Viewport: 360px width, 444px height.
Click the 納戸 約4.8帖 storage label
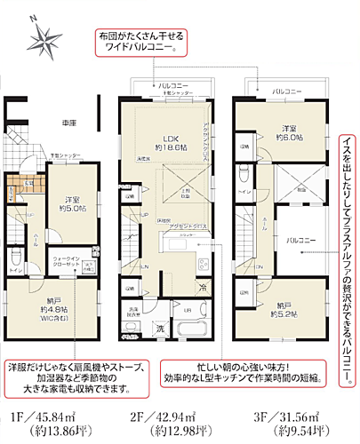tap(52, 316)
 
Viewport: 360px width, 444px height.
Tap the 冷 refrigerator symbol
tap(204, 286)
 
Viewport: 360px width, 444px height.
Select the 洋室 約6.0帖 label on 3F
tap(287, 133)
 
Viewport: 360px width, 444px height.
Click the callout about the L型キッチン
tap(239, 370)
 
